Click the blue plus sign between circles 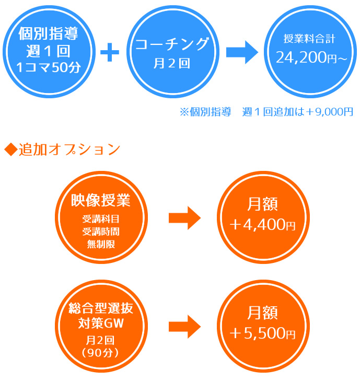(109, 53)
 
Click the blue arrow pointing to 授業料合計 (242, 53)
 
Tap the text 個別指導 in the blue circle (48, 34)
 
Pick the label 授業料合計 (312, 38)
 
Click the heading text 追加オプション (69, 149)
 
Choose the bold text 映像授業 (100, 200)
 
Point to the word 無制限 (100, 244)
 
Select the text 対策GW (100, 322)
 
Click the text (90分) (100, 352)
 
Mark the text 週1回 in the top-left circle (48, 51)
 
